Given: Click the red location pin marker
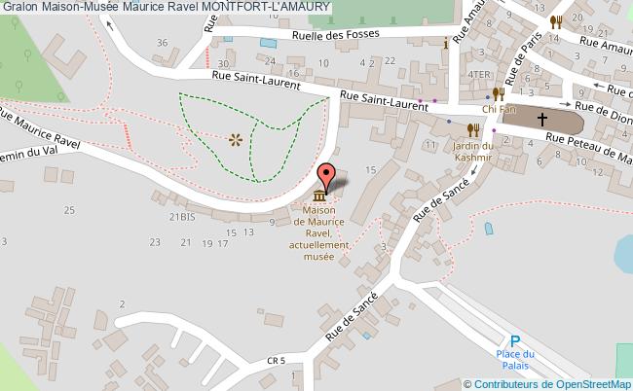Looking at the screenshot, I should (x=328, y=175).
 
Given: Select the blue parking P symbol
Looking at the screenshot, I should (x=515, y=341).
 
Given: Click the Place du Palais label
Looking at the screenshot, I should (x=514, y=360).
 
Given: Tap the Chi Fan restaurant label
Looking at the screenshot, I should (x=497, y=109).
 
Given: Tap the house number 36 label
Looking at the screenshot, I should (x=163, y=42).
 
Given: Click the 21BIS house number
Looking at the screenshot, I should (x=181, y=217).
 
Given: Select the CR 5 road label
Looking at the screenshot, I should (x=277, y=361).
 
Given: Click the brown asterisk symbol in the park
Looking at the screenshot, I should (x=235, y=140).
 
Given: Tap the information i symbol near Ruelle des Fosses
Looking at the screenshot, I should (x=446, y=43).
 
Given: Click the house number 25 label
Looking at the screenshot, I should (x=69, y=209).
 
